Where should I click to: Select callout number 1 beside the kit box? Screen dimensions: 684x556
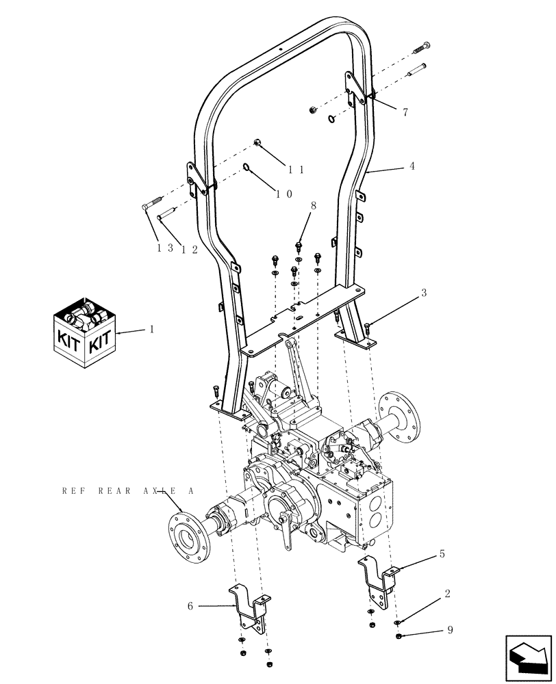click(x=152, y=329)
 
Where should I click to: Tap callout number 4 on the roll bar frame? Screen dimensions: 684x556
click(x=412, y=166)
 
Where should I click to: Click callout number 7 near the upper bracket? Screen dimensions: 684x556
click(x=405, y=112)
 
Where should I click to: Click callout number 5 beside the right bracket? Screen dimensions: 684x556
click(x=442, y=553)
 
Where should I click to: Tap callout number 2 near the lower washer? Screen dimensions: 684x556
click(x=447, y=594)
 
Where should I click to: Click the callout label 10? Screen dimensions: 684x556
click(x=284, y=194)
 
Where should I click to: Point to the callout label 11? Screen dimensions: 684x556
click(x=296, y=169)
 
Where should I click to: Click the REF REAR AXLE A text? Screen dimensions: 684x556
click(x=128, y=491)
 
